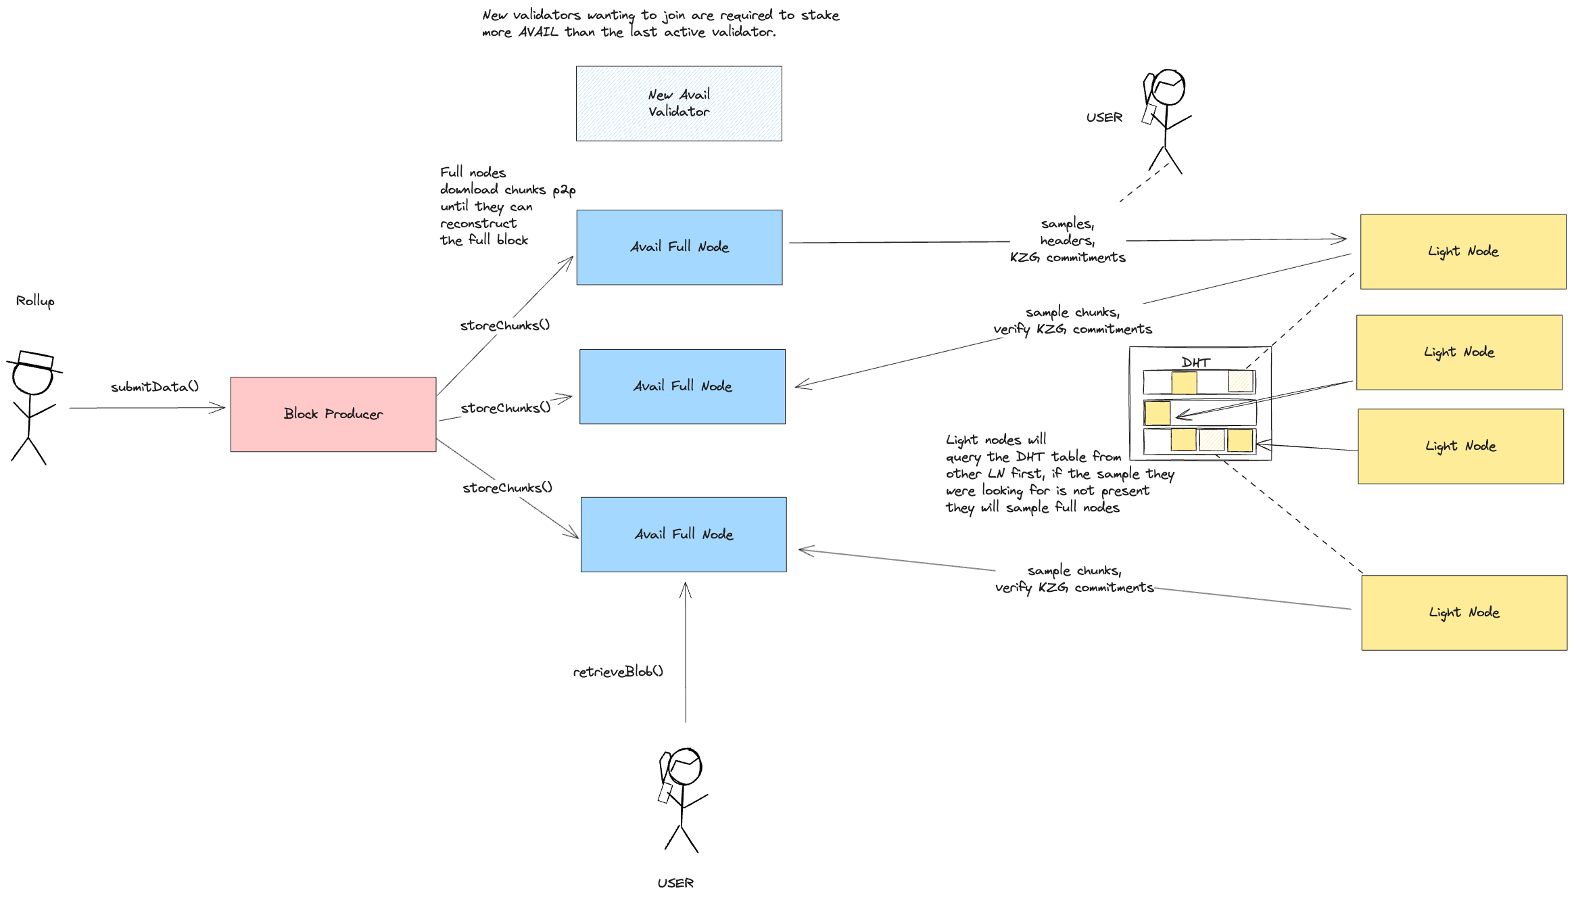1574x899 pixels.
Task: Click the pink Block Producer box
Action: click(333, 414)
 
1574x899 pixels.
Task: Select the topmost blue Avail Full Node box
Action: click(679, 247)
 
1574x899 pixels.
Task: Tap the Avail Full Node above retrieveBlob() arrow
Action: click(684, 534)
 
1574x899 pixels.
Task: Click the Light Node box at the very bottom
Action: click(1464, 612)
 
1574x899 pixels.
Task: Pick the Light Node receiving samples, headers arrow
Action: click(1462, 251)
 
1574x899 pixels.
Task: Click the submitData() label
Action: click(155, 387)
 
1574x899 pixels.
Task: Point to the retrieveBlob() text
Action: click(618, 671)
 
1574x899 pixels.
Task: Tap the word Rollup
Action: click(35, 300)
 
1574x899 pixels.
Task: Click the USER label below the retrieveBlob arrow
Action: click(675, 883)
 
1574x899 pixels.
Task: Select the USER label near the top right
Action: click(1104, 117)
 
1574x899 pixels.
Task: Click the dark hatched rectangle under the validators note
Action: click(679, 103)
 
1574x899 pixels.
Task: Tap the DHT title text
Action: click(1195, 362)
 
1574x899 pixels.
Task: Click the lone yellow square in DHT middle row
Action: click(1158, 413)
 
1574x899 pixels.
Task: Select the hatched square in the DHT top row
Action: click(1241, 382)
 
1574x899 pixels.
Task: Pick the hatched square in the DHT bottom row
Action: click(1212, 440)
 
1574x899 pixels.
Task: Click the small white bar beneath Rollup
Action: click(36, 359)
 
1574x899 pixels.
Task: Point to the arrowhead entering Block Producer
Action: click(219, 408)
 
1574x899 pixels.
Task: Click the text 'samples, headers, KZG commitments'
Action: click(1068, 240)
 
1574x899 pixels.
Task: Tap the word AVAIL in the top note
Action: click(538, 32)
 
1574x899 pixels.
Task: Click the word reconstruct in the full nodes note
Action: click(479, 223)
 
